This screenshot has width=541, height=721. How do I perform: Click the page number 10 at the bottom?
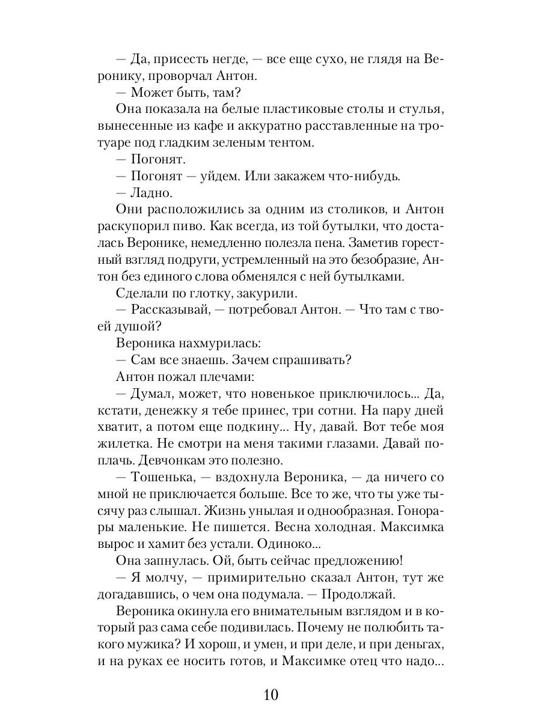coord(270,695)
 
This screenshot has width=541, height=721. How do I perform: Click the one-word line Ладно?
coord(150,193)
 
